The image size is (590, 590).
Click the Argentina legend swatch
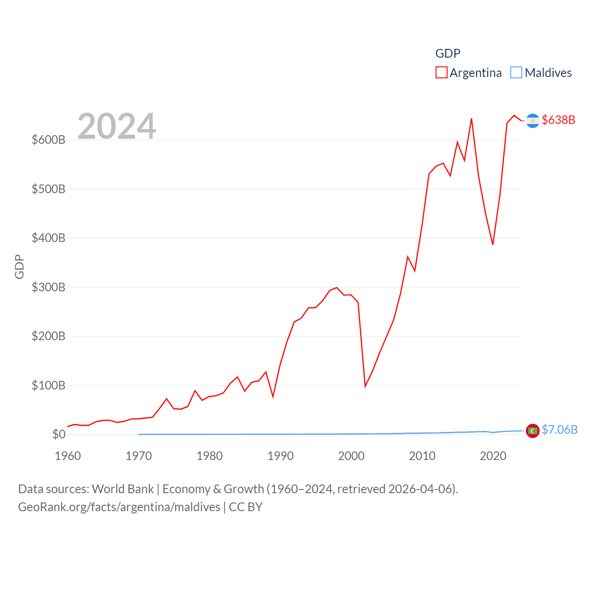[x=441, y=73]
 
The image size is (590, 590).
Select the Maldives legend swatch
[x=516, y=73]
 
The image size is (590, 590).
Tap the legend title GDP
[x=448, y=53]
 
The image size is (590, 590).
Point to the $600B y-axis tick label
[x=48, y=140]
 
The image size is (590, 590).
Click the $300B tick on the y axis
[x=48, y=287]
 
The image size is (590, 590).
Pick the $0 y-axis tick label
[x=59, y=434]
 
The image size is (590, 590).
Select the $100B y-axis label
[x=48, y=385]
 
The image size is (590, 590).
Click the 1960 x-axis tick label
[x=68, y=456]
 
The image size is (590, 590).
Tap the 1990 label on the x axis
[x=280, y=456]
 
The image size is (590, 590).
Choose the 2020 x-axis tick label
[x=493, y=456]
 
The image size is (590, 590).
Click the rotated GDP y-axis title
[x=19, y=266]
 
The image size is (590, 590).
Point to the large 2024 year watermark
[x=117, y=126]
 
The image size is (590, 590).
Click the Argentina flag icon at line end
[x=532, y=121]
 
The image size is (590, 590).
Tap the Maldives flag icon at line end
[x=532, y=431]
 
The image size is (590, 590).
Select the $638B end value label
[x=559, y=120]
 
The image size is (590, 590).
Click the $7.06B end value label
[x=560, y=430]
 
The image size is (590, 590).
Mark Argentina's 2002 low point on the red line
[x=365, y=386]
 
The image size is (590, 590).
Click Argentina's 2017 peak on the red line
[x=472, y=119]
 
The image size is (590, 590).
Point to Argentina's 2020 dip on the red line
[x=493, y=244]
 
